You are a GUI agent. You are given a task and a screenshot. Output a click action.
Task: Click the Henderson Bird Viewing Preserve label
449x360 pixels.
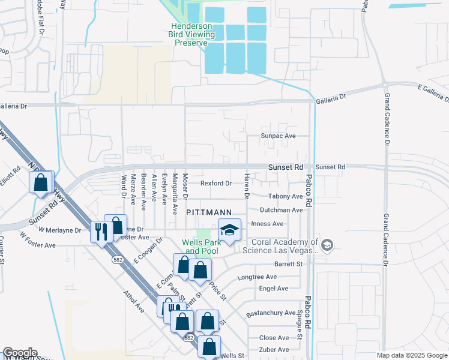pyautogui.click(x=192, y=34)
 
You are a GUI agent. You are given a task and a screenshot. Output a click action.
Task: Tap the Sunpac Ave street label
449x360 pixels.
pyautogui.click(x=279, y=136)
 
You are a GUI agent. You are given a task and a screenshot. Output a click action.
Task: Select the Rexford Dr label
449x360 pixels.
pyautogui.click(x=216, y=183)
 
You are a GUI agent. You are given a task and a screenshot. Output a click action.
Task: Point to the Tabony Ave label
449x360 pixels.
pyautogui.click(x=281, y=196)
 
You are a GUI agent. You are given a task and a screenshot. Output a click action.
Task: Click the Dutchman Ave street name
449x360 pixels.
pyautogui.click(x=281, y=210)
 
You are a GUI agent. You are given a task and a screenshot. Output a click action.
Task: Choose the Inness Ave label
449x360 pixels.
pyautogui.click(x=270, y=224)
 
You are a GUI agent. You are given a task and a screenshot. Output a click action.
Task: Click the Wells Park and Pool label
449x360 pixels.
pyautogui.click(x=200, y=247)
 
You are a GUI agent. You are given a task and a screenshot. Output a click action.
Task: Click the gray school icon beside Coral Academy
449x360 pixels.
pyautogui.click(x=327, y=245)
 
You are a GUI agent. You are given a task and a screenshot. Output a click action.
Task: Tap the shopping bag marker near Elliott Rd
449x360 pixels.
pyautogui.click(x=41, y=182)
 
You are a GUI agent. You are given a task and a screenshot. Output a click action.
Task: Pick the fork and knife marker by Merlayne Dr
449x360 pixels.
pyautogui.click(x=100, y=231)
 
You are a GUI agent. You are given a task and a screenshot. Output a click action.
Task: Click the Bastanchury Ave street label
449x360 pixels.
pyautogui.click(x=271, y=313)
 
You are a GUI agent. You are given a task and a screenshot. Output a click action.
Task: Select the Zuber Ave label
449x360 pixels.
pyautogui.click(x=274, y=349)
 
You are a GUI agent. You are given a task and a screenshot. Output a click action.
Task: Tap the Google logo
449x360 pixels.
pyautogui.click(x=19, y=353)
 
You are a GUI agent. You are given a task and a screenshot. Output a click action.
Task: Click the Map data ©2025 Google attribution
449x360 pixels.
pyautogui.click(x=411, y=355)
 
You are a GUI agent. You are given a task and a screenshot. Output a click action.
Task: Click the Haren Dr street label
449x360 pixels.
pyautogui.click(x=246, y=185)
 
